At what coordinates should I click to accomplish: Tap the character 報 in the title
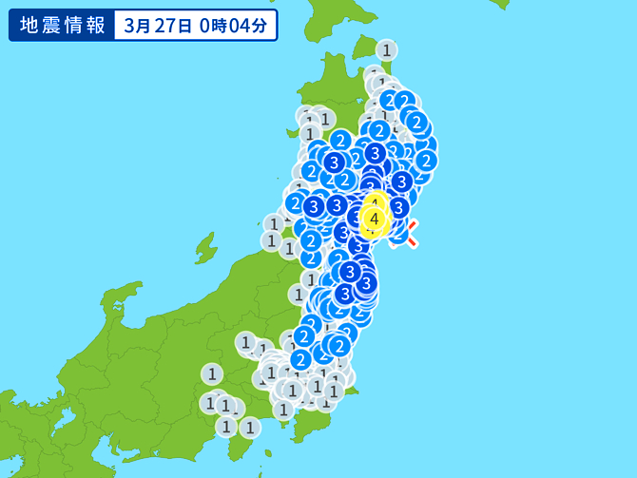(94, 25)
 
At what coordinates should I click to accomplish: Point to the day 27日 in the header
(176, 25)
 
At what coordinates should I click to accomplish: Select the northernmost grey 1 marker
(386, 49)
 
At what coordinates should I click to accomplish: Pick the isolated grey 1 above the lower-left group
(211, 373)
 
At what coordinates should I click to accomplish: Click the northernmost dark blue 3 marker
(376, 153)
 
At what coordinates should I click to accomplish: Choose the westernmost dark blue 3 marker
(313, 205)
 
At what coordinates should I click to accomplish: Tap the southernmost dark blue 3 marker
(345, 294)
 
